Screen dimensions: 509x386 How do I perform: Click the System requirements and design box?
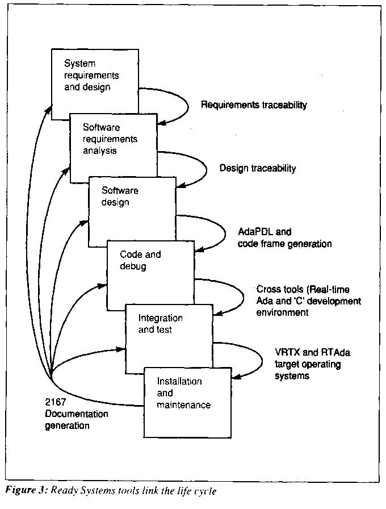(x=95, y=77)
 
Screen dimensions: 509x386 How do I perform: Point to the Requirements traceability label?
(x=254, y=105)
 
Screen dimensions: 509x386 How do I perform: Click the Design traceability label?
(x=258, y=168)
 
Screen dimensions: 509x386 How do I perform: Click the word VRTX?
(x=286, y=353)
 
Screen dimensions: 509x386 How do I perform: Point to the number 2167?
(x=56, y=402)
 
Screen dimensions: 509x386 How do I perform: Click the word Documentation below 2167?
(x=76, y=414)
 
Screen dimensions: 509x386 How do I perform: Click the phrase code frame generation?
(x=285, y=243)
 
